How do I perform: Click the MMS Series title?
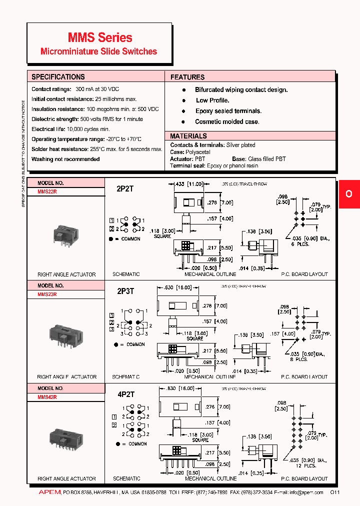pos(100,37)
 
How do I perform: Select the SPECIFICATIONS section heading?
pos(58,77)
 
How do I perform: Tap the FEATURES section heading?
pos(187,77)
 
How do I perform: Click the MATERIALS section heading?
pos(188,136)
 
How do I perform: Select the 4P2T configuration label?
pos(125,394)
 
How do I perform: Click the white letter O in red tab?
pos(349,193)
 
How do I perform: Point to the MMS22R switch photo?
pos(65,235)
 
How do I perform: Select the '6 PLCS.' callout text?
pos(300,244)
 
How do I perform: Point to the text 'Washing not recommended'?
pos(65,159)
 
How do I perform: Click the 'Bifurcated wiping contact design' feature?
pos(241,90)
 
